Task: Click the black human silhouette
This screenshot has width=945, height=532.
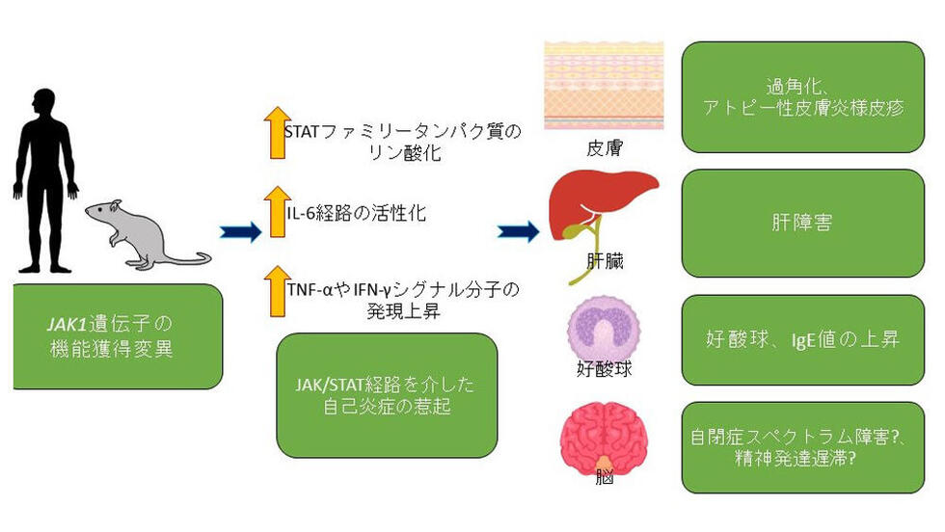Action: (46, 181)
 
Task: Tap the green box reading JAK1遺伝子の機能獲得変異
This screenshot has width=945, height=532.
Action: (118, 336)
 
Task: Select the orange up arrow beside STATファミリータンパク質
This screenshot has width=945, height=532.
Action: (278, 133)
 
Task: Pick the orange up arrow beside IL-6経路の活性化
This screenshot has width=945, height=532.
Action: (278, 211)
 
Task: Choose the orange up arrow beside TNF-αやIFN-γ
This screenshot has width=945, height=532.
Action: (278, 291)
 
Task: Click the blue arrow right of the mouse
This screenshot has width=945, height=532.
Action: (240, 232)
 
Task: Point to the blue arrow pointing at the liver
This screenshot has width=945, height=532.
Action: (519, 231)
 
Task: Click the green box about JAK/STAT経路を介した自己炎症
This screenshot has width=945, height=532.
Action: (387, 395)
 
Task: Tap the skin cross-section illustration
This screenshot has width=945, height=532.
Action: (604, 86)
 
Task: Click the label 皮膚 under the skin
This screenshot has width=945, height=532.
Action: (605, 148)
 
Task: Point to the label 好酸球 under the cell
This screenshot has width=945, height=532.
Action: (604, 369)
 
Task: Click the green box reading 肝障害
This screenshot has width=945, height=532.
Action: (802, 224)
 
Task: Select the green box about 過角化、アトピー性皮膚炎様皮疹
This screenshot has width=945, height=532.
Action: (802, 97)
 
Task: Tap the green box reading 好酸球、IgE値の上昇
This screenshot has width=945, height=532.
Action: (802, 340)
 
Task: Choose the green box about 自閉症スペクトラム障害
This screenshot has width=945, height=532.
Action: (802, 447)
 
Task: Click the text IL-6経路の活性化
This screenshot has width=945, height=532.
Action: (356, 213)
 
